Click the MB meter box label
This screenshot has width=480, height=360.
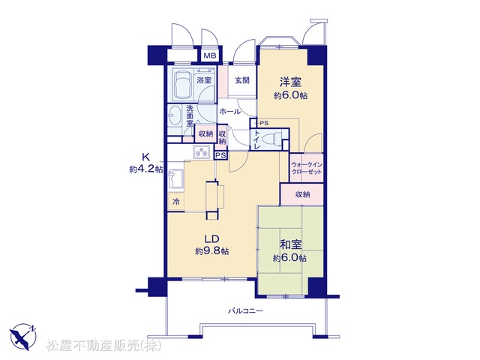pyautogui.click(x=210, y=55)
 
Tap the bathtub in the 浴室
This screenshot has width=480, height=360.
pyautogui.click(x=182, y=84)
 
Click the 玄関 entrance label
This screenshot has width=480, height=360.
pyautogui.click(x=242, y=80)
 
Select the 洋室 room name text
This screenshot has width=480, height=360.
pyautogui.click(x=290, y=82)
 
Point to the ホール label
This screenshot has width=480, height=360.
pyautogui.click(x=230, y=112)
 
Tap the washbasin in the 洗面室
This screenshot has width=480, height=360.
pyautogui.click(x=175, y=116)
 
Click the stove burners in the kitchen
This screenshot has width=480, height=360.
pyautogui.click(x=202, y=151)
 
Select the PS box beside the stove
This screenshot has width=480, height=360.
pyautogui.click(x=220, y=155)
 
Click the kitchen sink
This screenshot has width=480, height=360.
pyautogui.click(x=175, y=180)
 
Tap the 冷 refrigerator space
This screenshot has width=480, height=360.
pyautogui.click(x=176, y=202)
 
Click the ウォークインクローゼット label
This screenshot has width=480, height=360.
pyautogui.click(x=307, y=168)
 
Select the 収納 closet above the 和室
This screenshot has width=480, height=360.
pyautogui.click(x=302, y=194)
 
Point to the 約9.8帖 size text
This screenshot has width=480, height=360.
pyautogui.click(x=211, y=251)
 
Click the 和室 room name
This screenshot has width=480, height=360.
pyautogui.click(x=291, y=245)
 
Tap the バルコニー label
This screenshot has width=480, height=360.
pyautogui.click(x=246, y=311)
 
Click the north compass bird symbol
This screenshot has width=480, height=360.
pyautogui.click(x=22, y=337)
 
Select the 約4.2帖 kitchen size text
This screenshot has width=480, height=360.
pyautogui.click(x=145, y=169)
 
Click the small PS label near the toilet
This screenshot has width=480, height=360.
pyautogui.click(x=264, y=123)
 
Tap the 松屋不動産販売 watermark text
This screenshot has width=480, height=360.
pyautogui.click(x=103, y=345)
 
